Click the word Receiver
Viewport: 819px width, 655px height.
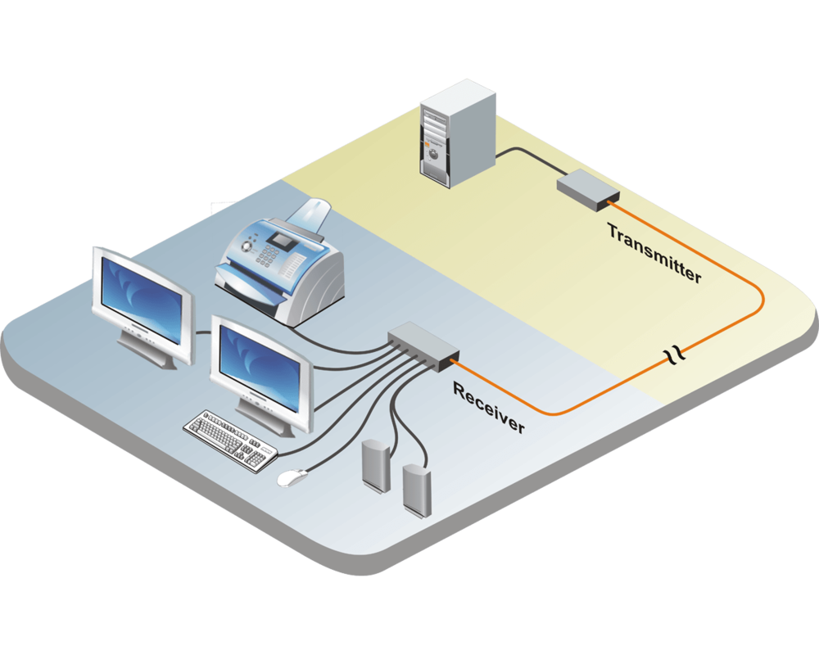(x=488, y=407)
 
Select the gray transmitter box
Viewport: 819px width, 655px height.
(x=587, y=188)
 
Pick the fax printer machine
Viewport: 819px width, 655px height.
(x=283, y=262)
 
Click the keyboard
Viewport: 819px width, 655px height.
(x=230, y=439)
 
